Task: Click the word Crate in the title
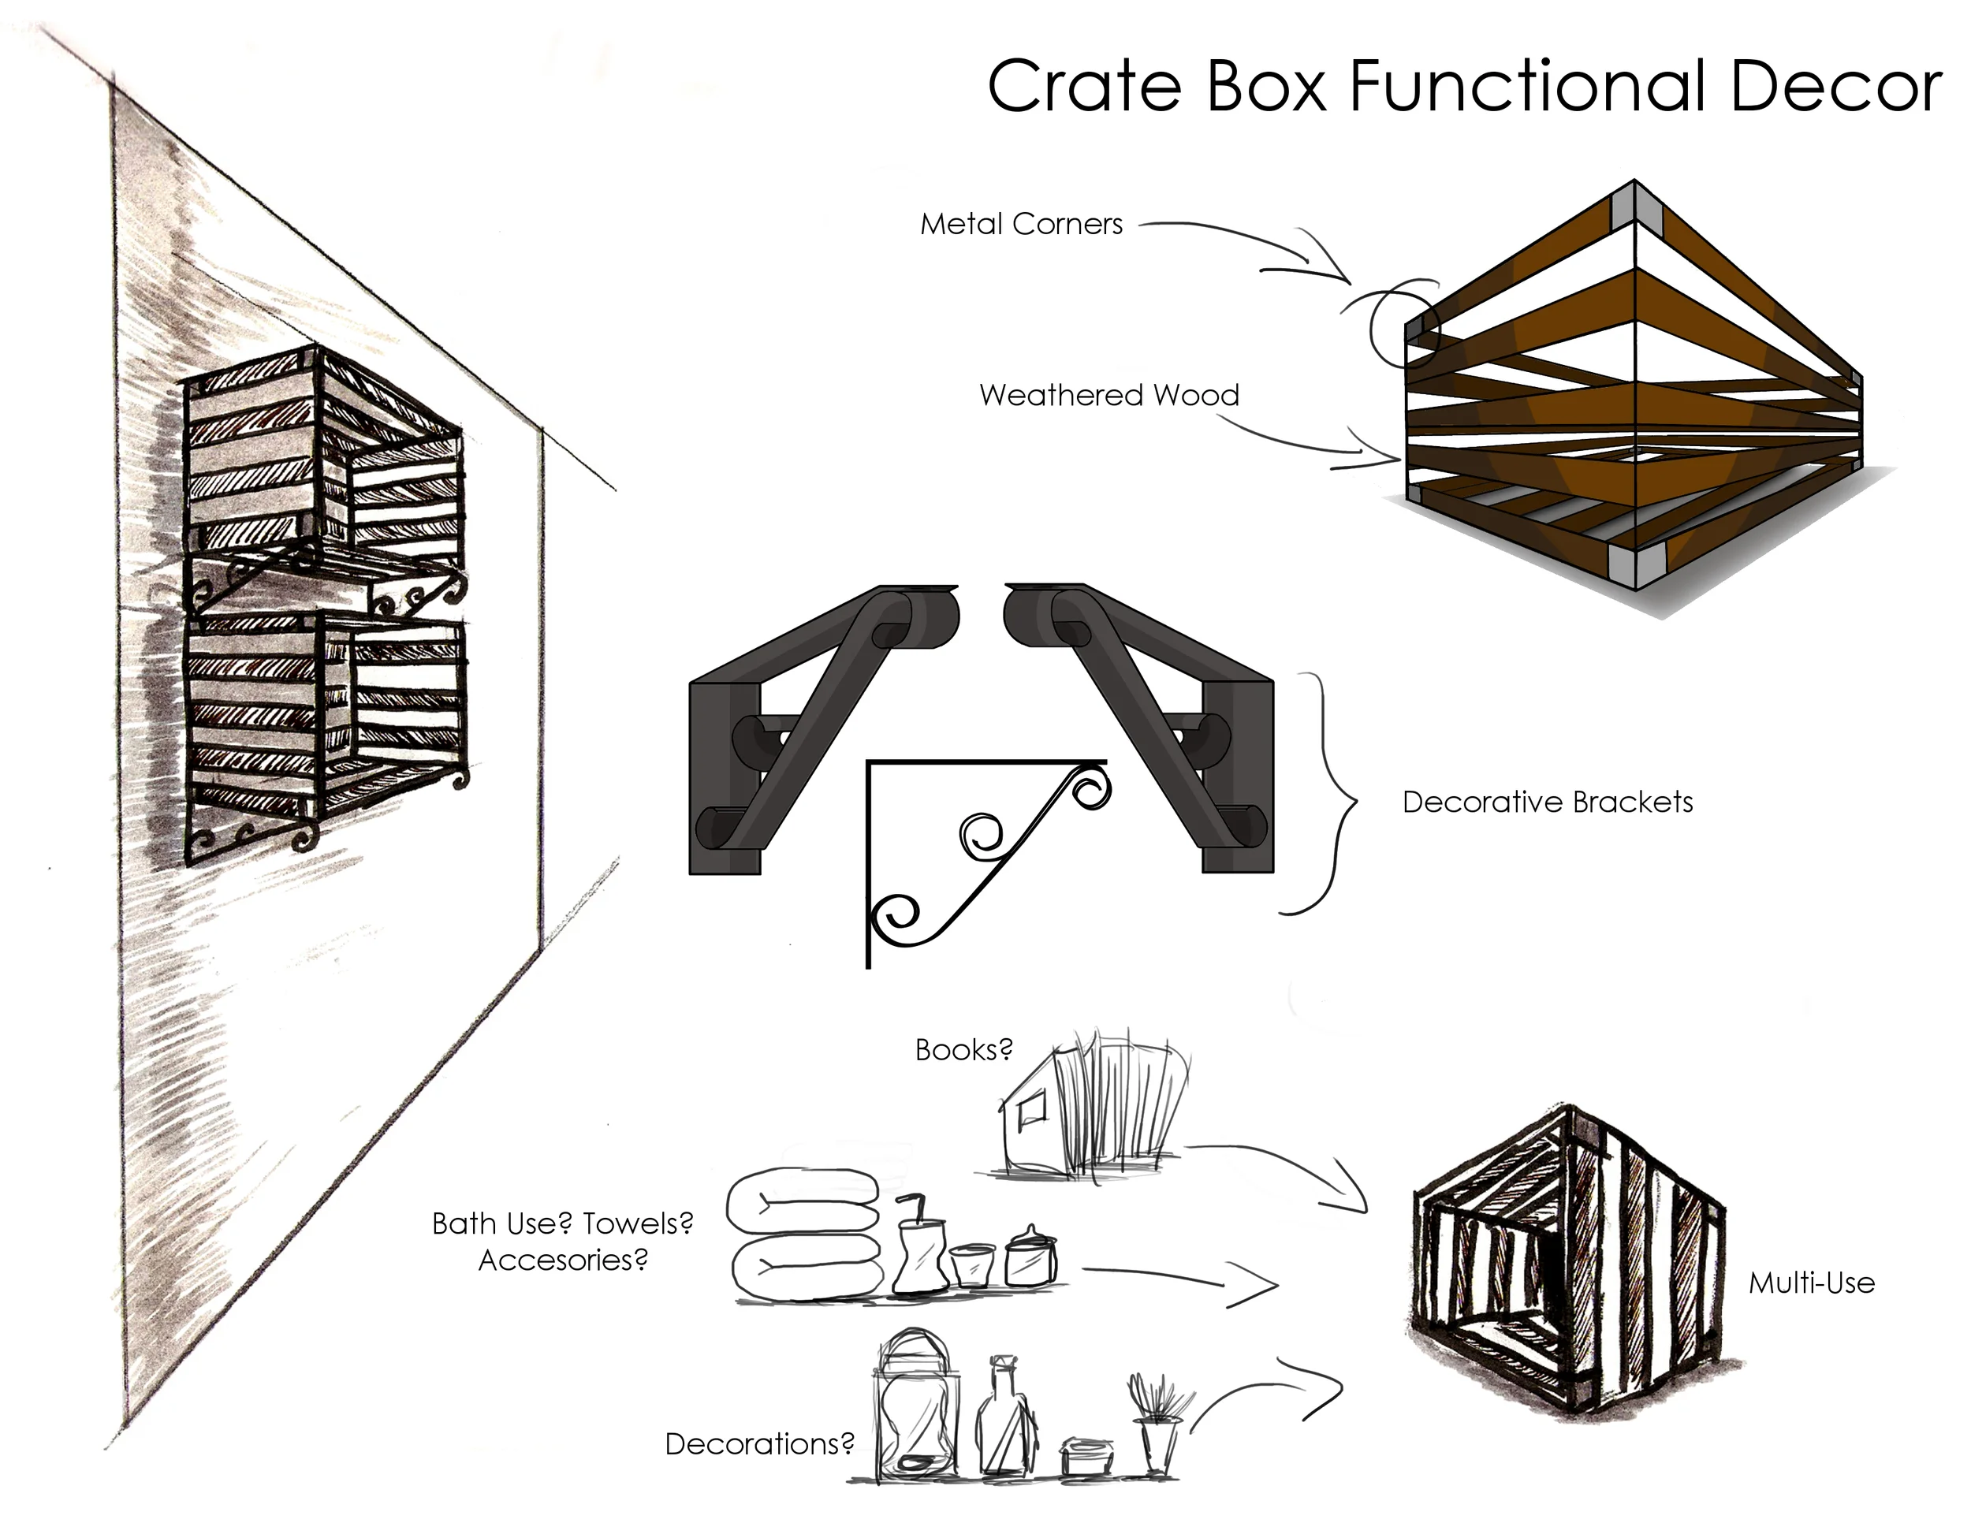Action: [1084, 87]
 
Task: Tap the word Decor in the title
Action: [1835, 87]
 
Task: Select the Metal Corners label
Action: [1021, 224]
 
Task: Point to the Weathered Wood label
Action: [1108, 395]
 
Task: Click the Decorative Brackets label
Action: [1547, 802]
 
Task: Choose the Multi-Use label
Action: [1811, 1283]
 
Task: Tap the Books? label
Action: [963, 1049]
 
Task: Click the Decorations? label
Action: [759, 1443]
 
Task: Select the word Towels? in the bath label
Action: [638, 1223]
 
